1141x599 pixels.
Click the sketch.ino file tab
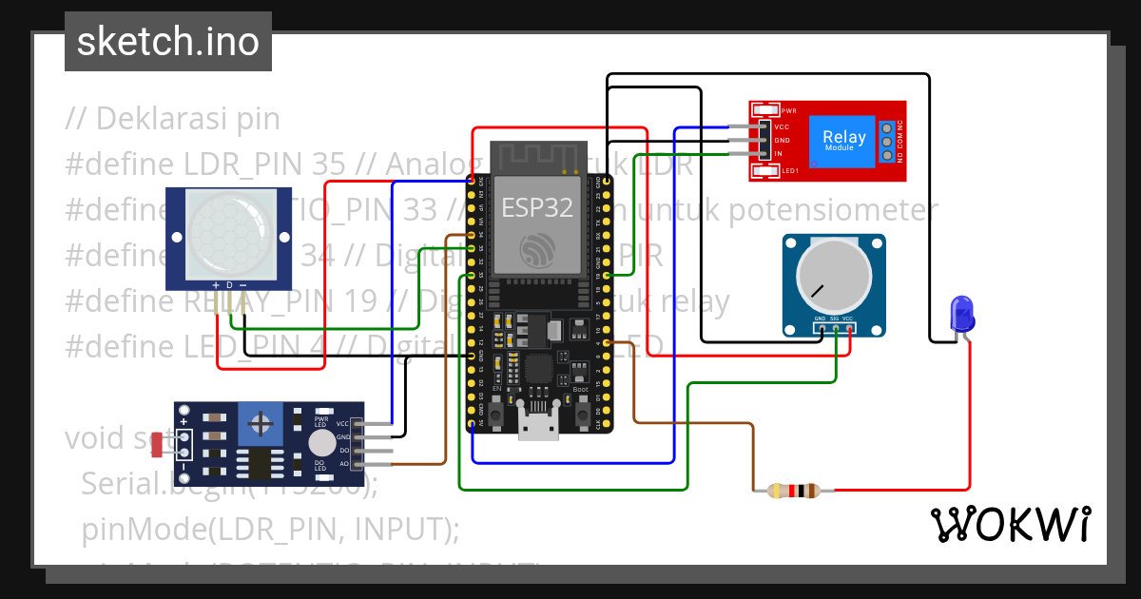coord(167,42)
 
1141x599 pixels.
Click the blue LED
coord(962,313)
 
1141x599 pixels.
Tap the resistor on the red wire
coord(793,491)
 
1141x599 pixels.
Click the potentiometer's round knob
coord(823,275)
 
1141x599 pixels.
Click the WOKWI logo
coord(1010,524)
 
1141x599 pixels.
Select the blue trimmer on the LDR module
coord(254,418)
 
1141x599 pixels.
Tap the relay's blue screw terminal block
coord(887,141)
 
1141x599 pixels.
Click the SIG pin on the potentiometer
coord(834,328)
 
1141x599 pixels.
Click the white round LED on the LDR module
coord(322,442)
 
